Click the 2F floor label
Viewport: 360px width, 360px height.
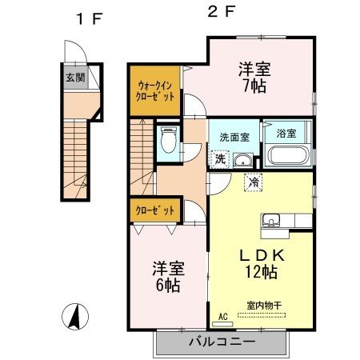click(x=213, y=14)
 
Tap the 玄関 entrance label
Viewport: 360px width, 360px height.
click(x=75, y=78)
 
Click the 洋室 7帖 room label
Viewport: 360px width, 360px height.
click(x=253, y=77)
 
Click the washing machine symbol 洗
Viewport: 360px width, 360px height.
click(x=218, y=158)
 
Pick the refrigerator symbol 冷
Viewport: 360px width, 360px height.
click(x=254, y=182)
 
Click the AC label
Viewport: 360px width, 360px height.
click(x=222, y=316)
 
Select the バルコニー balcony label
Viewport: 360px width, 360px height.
click(x=222, y=342)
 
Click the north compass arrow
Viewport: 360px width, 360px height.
click(x=74, y=318)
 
